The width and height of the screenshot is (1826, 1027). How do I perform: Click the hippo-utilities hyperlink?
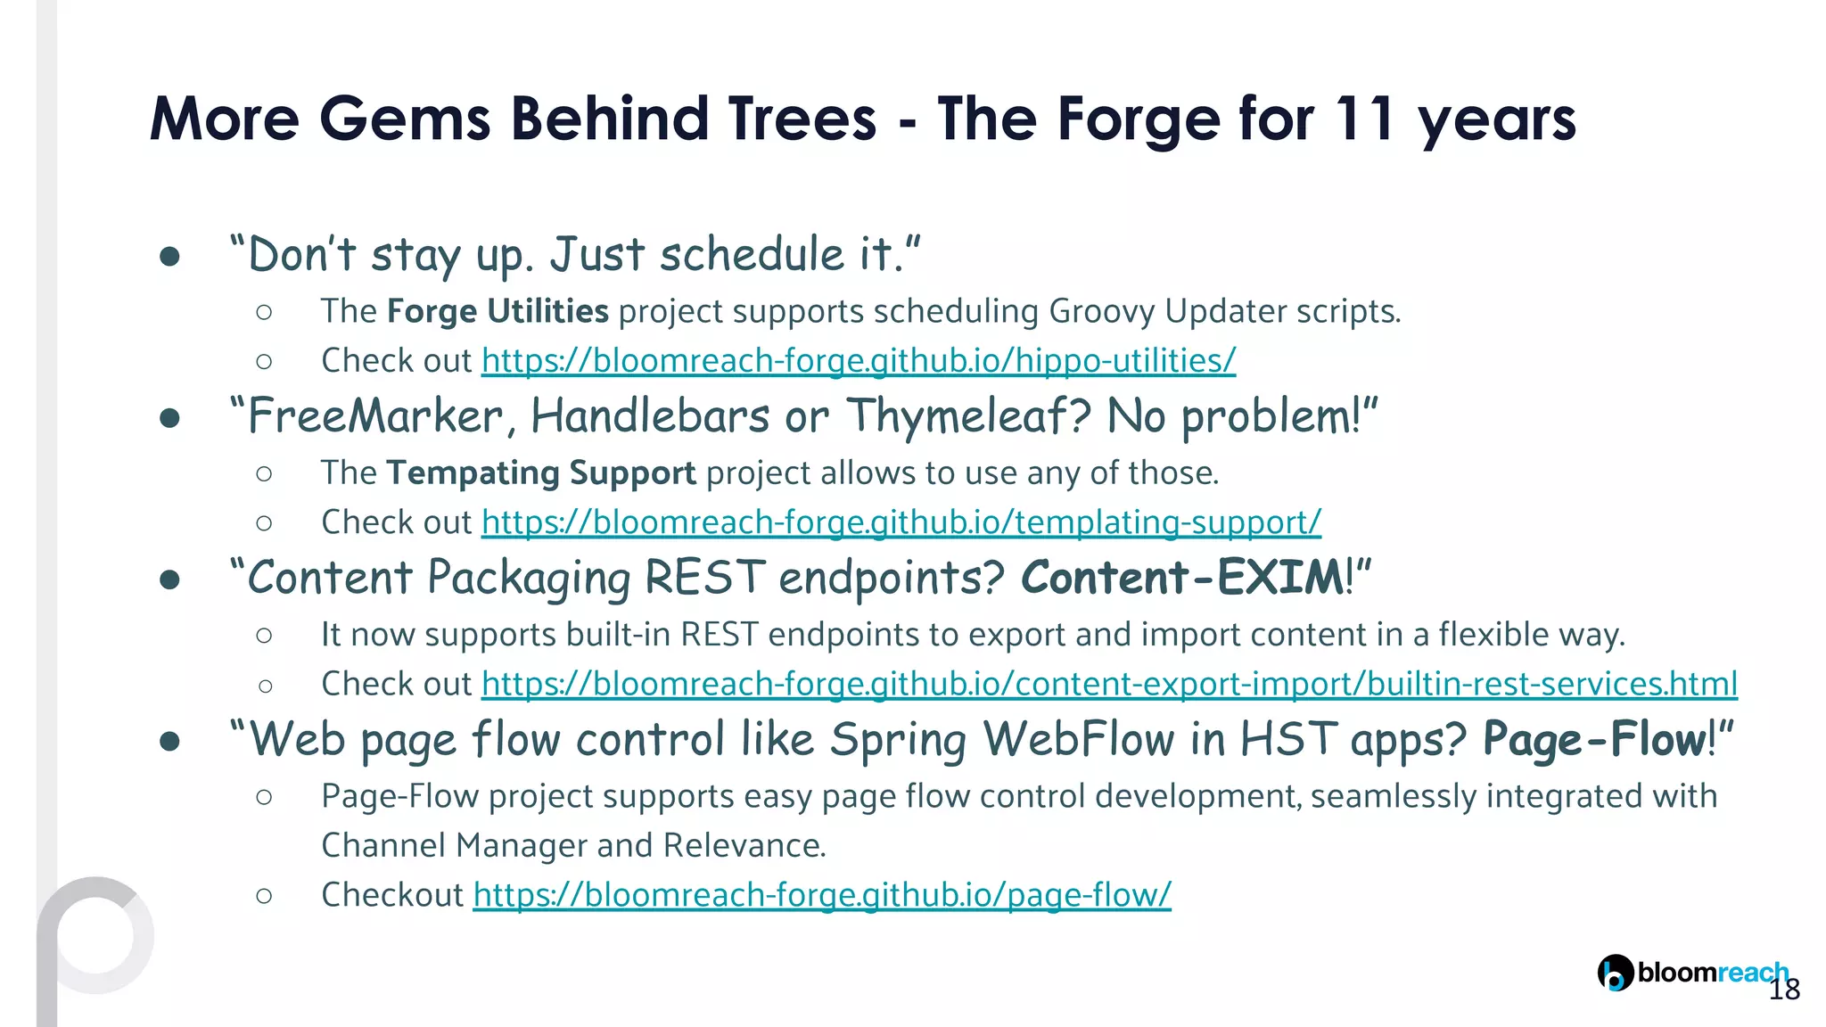(858, 361)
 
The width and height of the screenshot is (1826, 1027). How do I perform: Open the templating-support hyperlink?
(901, 522)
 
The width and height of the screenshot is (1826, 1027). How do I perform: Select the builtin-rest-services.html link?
(1109, 684)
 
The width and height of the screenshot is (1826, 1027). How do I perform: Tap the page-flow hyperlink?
(821, 895)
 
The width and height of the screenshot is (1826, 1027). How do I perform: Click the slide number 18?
(1784, 990)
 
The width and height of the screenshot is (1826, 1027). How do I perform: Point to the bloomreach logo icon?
(1615, 973)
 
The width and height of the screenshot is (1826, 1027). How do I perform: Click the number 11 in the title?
(1364, 119)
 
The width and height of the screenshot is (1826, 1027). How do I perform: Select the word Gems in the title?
(405, 119)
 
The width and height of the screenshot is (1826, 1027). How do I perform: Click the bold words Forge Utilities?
(498, 311)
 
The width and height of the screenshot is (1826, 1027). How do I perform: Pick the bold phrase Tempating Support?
(540, 472)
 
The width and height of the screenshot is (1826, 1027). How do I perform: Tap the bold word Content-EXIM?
(1182, 577)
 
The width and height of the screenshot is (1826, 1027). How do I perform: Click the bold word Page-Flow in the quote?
(1594, 739)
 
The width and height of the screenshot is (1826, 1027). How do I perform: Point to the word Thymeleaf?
(967, 416)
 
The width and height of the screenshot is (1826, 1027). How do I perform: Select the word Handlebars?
(650, 416)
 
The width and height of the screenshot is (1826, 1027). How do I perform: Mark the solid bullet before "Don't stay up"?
(169, 257)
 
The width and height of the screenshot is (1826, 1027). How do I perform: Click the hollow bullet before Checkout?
(264, 896)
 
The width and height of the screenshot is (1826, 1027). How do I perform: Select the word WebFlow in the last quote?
(1078, 739)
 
